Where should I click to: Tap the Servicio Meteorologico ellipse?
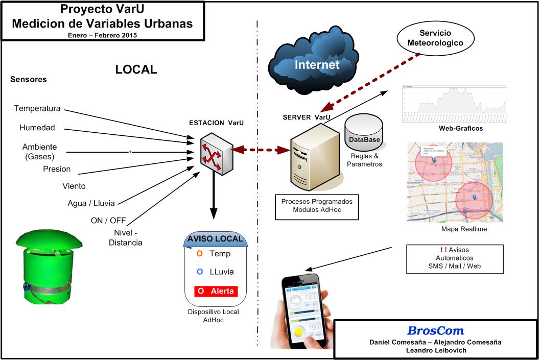click(435, 38)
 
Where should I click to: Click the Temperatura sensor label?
click(37, 108)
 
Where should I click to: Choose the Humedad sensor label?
click(37, 128)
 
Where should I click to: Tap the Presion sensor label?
click(57, 169)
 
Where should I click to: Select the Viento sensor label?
click(74, 186)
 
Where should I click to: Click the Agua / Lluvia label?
click(91, 203)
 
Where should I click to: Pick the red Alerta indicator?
click(216, 291)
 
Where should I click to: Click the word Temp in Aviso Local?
click(220, 254)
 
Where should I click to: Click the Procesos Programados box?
click(317, 206)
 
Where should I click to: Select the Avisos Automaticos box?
click(455, 258)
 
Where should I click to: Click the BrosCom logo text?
click(435, 331)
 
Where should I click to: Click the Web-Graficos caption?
click(461, 128)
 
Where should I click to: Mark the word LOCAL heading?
click(136, 69)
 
